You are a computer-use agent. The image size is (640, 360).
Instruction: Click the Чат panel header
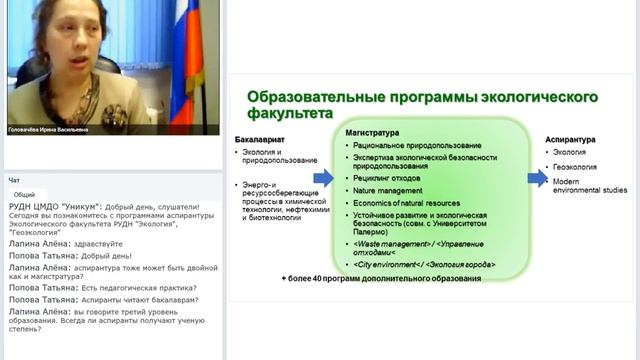pos(15,181)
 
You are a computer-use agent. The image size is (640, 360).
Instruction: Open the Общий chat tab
pos(24,195)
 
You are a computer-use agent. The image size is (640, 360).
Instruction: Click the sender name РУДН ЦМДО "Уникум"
pos(44,206)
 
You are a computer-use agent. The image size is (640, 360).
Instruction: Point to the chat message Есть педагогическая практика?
pos(135,287)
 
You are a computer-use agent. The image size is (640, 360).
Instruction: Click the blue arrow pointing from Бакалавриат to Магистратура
pos(324,178)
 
